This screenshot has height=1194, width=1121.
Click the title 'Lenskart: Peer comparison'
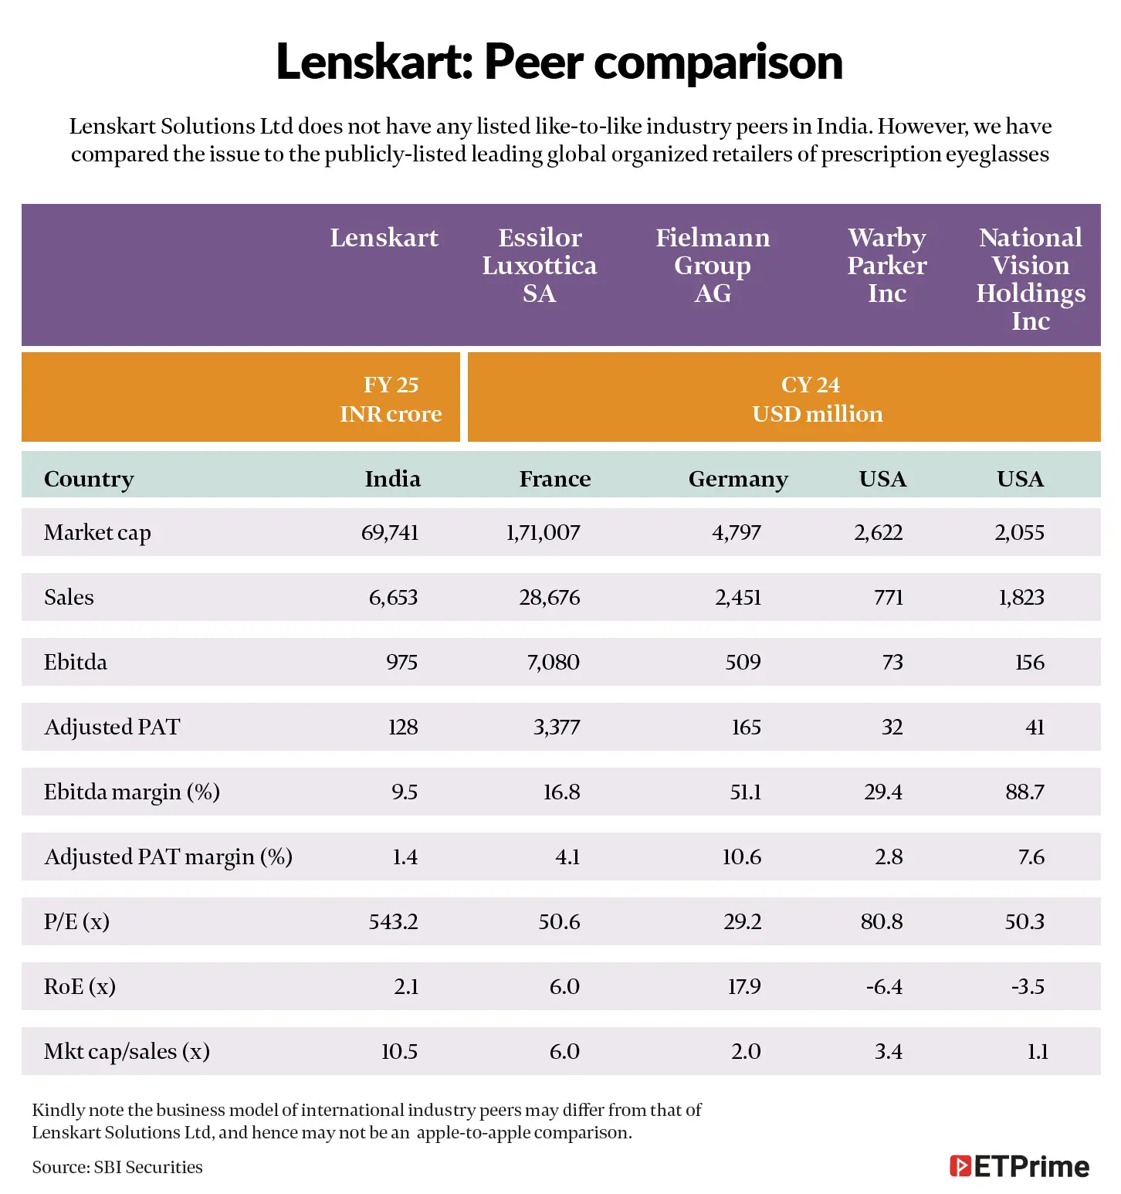[559, 62]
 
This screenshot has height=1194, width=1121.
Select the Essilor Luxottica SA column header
[540, 265]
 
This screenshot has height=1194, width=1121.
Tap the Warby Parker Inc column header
[886, 265]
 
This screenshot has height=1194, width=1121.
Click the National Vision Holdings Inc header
[1030, 278]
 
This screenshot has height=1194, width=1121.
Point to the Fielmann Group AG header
[712, 265]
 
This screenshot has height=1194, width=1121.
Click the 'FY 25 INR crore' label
[391, 399]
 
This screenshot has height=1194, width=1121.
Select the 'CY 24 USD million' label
[817, 399]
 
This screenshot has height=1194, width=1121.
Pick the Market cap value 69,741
[390, 532]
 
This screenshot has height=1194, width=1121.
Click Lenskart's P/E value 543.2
[393, 921]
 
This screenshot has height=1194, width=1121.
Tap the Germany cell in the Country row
[737, 479]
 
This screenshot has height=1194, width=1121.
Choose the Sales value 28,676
[549, 597]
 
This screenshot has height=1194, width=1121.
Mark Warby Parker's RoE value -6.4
[883, 986]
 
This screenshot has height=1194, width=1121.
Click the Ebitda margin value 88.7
[1024, 792]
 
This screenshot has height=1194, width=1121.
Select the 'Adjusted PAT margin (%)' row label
[168, 856]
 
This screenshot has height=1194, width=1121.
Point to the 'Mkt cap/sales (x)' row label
[127, 1051]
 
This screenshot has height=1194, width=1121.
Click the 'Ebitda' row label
[76, 662]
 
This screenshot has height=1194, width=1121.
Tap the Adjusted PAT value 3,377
[556, 727]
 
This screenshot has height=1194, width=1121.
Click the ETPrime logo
[1019, 1166]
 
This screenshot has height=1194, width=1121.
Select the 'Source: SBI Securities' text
[117, 1167]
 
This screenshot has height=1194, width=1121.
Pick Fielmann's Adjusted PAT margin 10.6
[741, 856]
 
